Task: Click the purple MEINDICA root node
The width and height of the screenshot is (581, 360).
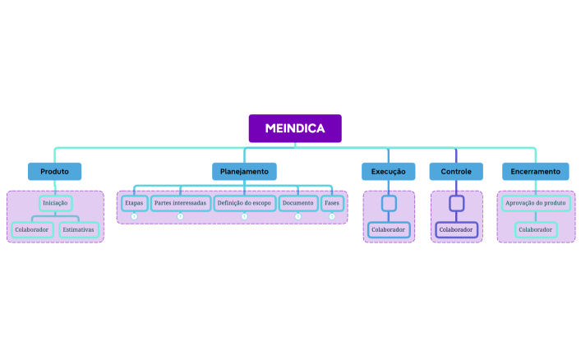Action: [295, 128]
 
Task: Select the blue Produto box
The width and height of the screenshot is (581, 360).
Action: [54, 171]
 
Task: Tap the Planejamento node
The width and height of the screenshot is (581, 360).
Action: [244, 171]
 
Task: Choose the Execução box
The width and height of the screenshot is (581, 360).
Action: [388, 171]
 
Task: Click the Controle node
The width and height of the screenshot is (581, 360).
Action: [456, 171]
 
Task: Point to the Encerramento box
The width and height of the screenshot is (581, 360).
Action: [535, 171]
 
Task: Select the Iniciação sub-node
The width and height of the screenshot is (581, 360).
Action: [55, 202]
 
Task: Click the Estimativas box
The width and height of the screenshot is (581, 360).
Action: [79, 229]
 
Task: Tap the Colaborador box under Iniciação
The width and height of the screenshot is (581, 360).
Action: [33, 229]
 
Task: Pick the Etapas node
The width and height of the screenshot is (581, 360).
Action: [134, 202]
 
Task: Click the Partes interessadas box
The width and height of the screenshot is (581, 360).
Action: [180, 202]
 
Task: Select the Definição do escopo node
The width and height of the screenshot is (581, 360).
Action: [244, 202]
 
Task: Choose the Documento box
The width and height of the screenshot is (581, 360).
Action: [297, 202]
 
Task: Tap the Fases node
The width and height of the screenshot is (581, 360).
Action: [332, 202]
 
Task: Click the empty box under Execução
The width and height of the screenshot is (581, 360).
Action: [389, 202]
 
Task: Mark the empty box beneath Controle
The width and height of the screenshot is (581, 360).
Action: [457, 202]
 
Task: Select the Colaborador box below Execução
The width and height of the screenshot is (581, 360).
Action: [389, 229]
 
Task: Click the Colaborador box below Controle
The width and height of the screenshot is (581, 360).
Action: [456, 229]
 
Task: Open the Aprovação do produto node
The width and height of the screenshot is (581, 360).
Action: [536, 202]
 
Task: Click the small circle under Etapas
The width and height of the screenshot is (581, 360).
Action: [134, 216]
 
